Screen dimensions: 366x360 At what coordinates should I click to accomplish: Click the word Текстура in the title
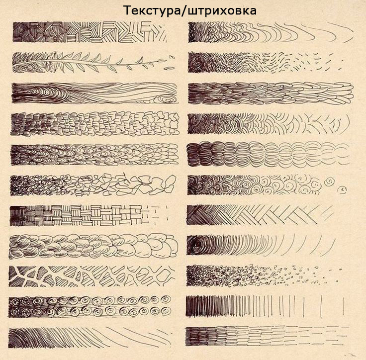(x=152, y=11)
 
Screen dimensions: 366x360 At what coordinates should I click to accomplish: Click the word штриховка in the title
(x=221, y=11)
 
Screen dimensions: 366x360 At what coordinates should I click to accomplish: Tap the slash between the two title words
(x=184, y=11)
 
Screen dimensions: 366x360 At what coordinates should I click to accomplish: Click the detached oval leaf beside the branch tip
(x=169, y=69)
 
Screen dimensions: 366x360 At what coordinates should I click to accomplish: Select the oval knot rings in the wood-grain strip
(x=166, y=99)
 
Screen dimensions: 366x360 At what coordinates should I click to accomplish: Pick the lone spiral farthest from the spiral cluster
(x=342, y=189)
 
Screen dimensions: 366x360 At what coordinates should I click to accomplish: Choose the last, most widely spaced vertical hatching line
(x=344, y=306)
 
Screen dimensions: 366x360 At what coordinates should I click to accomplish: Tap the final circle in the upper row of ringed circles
(x=166, y=299)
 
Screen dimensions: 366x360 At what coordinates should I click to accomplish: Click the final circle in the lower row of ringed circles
(x=166, y=310)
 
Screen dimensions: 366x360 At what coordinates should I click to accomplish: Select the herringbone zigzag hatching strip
(x=260, y=215)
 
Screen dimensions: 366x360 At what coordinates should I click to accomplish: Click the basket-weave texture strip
(x=88, y=215)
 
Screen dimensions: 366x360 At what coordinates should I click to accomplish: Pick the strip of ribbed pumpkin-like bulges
(x=269, y=154)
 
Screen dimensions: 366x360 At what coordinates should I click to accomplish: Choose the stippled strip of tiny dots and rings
(x=264, y=276)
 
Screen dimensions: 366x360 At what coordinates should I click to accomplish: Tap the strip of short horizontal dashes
(x=267, y=336)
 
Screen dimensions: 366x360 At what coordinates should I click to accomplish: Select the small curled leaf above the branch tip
(x=172, y=57)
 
